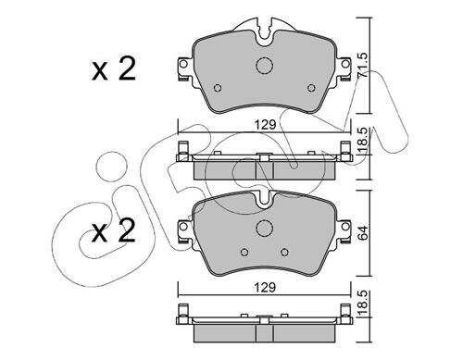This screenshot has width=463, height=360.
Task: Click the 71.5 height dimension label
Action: tap(363, 65)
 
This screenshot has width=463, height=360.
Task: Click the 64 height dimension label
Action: tap(363, 233)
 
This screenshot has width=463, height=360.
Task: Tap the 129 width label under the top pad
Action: tap(265, 125)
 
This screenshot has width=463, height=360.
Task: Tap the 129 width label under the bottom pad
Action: tap(265, 288)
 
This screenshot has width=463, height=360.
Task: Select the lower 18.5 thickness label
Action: tap(363, 304)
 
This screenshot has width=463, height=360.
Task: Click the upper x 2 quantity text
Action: tap(114, 69)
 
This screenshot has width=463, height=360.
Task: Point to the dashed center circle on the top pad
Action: tap(265, 65)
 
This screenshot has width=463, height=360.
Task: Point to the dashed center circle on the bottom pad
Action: tap(265, 229)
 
